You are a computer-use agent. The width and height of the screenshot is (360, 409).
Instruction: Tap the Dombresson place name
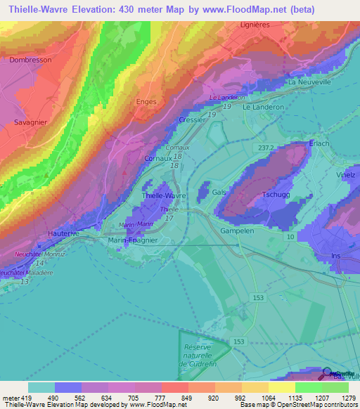[x=30, y=60]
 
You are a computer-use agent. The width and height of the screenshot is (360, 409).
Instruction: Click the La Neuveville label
[x=309, y=82]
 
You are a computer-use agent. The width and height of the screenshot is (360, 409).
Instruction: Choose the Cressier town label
[x=192, y=120]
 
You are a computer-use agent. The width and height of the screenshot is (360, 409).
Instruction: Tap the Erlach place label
[x=319, y=143]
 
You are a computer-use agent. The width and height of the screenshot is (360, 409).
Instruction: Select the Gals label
[x=219, y=192]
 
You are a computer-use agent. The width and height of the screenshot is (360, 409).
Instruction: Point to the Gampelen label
[x=236, y=231]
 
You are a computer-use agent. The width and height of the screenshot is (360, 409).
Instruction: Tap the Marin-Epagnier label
[x=133, y=240]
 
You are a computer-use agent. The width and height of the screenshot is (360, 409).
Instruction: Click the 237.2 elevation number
[x=266, y=148]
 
